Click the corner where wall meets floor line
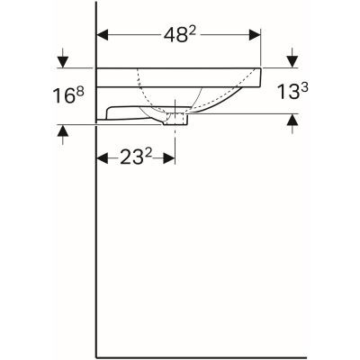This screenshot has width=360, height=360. pyautogui.click(x=96, y=354)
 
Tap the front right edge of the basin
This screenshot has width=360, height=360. pyautogui.click(x=261, y=77)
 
